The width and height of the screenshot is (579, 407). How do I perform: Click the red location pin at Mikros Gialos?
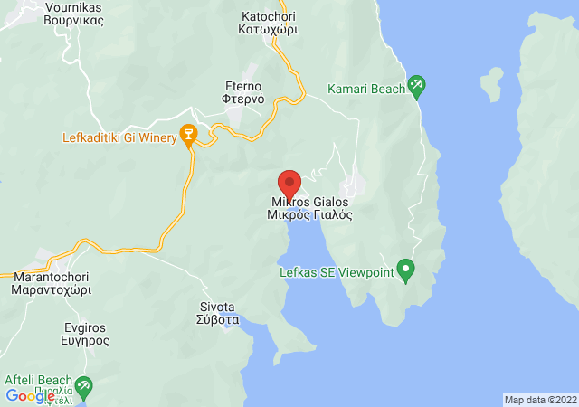tap(289, 182)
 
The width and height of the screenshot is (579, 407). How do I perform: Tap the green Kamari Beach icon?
tap(416, 87)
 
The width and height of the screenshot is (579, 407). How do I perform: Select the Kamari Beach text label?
tap(365, 89)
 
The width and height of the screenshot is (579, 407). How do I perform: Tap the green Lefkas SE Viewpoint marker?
tap(406, 269)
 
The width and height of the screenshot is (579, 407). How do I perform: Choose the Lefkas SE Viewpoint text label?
tap(339, 270)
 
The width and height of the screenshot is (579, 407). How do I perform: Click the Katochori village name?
tap(269, 16)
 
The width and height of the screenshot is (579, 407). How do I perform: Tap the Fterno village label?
tap(242, 87)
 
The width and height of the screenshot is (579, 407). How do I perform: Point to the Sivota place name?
tap(218, 307)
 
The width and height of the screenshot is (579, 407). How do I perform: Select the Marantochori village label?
tap(52, 278)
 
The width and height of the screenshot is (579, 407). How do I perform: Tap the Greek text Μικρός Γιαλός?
tap(308, 215)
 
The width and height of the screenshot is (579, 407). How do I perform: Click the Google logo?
tap(30, 395)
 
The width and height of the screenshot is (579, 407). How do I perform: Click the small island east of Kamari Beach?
tap(492, 84)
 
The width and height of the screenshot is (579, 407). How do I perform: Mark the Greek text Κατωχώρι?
tap(269, 30)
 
